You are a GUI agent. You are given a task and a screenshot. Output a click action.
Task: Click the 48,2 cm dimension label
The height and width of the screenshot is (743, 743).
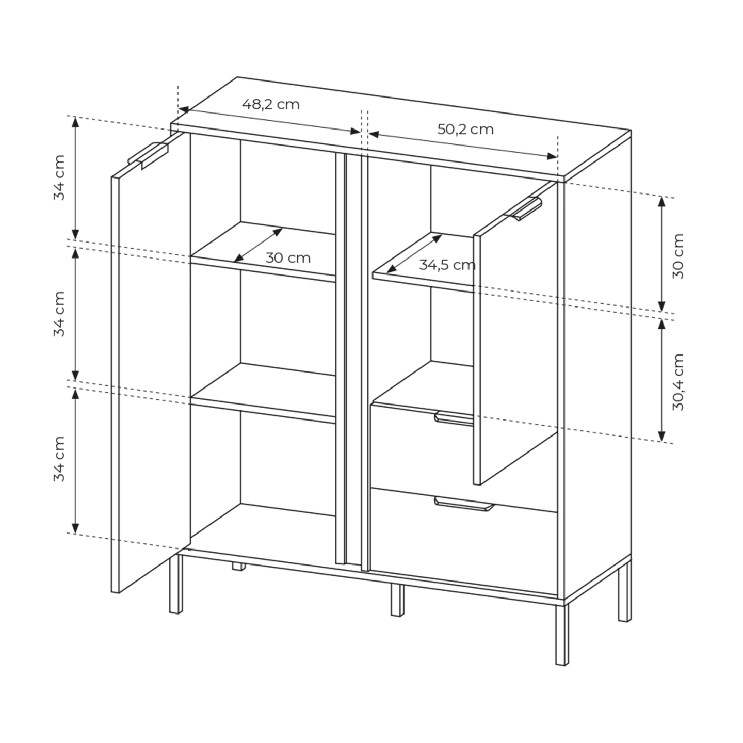[271, 104]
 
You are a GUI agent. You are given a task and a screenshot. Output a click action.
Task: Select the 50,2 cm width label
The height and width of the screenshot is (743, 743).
[465, 129]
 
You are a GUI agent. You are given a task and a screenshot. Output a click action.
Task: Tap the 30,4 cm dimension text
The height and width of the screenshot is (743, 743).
[677, 382]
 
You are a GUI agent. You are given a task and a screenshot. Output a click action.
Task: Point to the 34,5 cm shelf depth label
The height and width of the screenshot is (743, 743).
[447, 265]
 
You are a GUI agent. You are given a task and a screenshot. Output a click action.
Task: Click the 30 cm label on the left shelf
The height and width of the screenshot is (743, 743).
[288, 258]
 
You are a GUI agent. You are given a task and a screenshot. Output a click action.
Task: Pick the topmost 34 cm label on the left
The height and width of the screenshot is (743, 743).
[59, 177]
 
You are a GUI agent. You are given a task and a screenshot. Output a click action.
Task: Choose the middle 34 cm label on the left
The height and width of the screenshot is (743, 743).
[59, 314]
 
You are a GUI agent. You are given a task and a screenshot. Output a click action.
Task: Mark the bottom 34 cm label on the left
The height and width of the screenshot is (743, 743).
[59, 459]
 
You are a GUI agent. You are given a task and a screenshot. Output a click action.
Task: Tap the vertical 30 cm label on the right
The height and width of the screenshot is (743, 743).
[677, 256]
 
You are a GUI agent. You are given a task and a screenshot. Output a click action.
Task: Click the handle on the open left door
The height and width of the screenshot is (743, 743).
[148, 154]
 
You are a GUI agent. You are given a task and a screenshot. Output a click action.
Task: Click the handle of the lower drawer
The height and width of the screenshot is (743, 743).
[464, 504]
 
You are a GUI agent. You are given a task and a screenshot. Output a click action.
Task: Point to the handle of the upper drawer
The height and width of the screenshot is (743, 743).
[454, 419]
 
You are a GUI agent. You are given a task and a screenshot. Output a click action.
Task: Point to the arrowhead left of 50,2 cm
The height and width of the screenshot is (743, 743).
[374, 134]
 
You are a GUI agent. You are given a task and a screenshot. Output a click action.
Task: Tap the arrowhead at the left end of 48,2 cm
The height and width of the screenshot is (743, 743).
[184, 109]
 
